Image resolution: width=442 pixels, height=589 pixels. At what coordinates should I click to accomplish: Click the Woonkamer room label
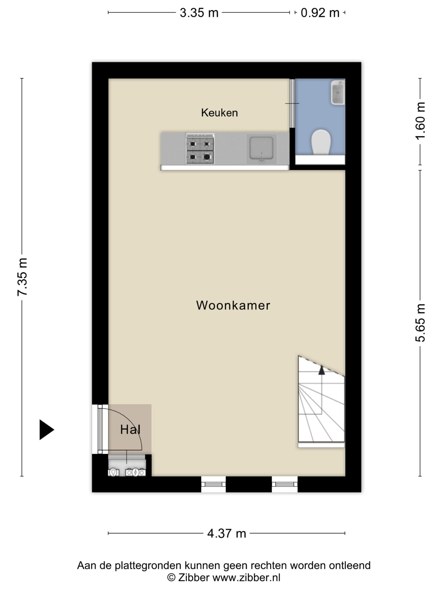(233, 305)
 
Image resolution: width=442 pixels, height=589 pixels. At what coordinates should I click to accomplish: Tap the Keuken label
(219, 113)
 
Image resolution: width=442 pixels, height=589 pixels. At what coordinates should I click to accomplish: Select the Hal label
(130, 430)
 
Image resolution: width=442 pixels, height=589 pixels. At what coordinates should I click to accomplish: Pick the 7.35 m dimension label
(22, 277)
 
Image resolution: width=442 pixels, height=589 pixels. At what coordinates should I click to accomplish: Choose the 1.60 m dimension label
(420, 121)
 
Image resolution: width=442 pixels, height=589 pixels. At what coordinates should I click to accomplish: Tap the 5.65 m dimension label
(420, 323)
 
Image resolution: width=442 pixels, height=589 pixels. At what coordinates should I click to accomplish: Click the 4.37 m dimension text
(227, 533)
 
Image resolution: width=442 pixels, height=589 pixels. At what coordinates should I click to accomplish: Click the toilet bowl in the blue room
(321, 142)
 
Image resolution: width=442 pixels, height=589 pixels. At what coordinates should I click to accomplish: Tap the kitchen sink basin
(261, 149)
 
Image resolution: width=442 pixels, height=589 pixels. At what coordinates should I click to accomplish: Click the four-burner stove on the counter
(200, 149)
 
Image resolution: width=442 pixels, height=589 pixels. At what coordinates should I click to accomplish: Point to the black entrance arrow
(47, 430)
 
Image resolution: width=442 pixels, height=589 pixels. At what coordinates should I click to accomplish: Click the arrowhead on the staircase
(322, 370)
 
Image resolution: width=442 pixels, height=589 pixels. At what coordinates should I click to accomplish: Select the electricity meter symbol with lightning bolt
(136, 472)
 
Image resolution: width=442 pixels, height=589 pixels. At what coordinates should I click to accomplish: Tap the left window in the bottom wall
(213, 484)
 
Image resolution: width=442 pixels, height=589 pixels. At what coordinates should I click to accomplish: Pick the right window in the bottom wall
(285, 484)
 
